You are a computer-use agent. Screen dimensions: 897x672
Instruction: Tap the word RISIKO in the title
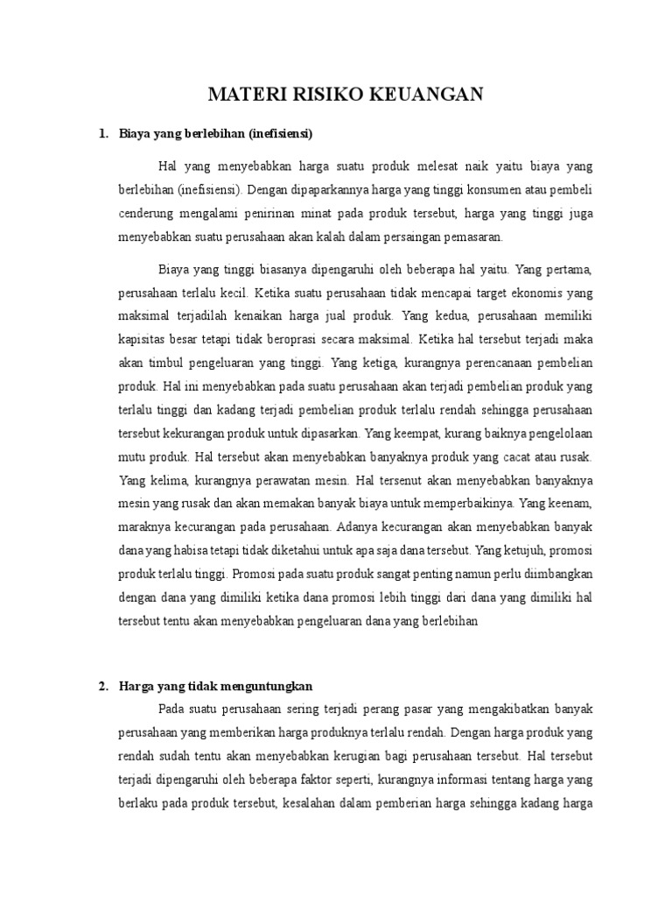[326, 95]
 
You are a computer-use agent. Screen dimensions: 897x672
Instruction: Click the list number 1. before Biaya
[102, 133]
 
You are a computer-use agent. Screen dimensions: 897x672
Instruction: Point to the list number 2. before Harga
[102, 685]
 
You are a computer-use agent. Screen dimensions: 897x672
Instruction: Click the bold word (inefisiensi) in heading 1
[281, 133]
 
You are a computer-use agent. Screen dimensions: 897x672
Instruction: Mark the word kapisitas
[142, 337]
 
